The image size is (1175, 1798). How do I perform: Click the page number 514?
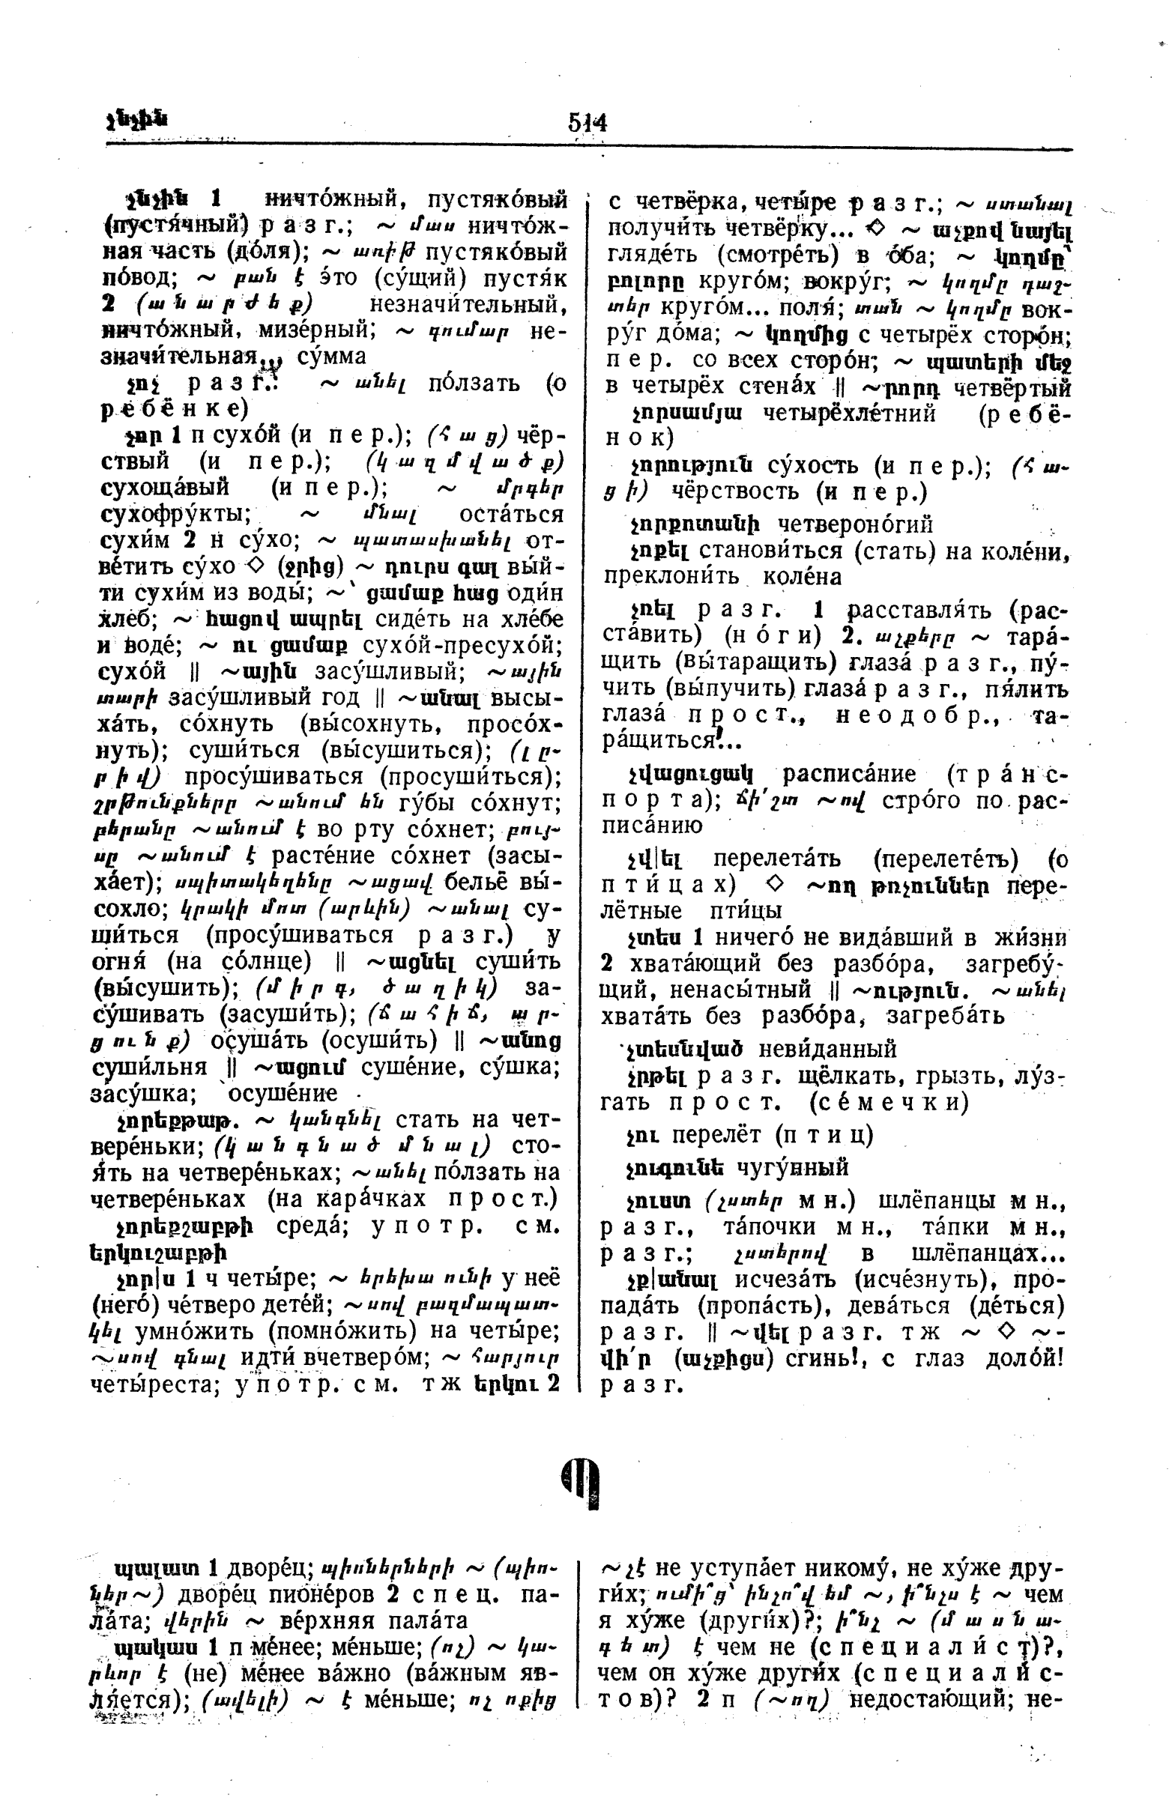pos(587,121)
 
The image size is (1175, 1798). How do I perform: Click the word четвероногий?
pos(856,524)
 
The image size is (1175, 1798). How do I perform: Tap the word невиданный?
pos(827,1049)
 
